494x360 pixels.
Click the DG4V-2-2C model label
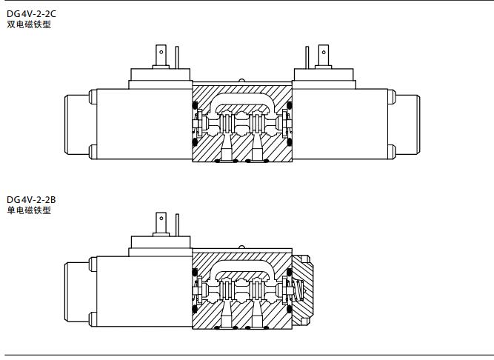point(31,14)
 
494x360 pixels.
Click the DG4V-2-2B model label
point(31,200)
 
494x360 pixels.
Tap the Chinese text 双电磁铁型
point(29,24)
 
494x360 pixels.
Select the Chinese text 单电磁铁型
point(29,210)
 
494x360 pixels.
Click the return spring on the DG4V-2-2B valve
point(299,290)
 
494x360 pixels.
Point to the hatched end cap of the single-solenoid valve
point(302,290)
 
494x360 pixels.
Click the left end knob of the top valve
point(77,124)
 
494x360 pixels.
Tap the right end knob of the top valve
point(407,124)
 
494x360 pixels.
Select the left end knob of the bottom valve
point(77,292)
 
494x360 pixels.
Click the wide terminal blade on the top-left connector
point(161,56)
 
